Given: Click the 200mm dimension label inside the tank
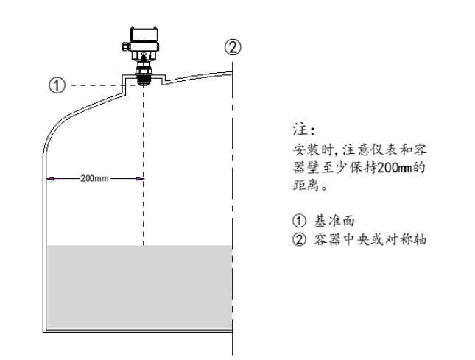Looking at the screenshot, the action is (x=94, y=178).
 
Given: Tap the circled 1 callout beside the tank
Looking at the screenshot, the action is (x=57, y=85).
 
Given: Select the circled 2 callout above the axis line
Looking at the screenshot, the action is (x=233, y=47).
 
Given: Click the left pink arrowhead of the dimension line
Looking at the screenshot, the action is (x=51, y=179).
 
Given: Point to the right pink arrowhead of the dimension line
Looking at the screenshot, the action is (x=138, y=179).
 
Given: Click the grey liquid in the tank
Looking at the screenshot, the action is (x=139, y=287).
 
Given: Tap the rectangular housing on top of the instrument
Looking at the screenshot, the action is (x=144, y=34).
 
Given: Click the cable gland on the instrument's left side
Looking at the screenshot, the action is (x=126, y=46).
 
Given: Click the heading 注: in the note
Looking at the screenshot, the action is (x=304, y=130).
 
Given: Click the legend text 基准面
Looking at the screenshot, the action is (x=334, y=221).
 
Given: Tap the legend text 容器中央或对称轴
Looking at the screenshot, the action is (x=370, y=239).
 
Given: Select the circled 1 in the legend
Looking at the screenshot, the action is (x=299, y=221).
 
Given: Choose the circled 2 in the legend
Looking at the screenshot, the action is (x=299, y=239).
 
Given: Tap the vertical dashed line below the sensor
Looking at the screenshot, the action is (x=144, y=166).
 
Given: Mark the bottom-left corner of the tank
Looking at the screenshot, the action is (x=43, y=332).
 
